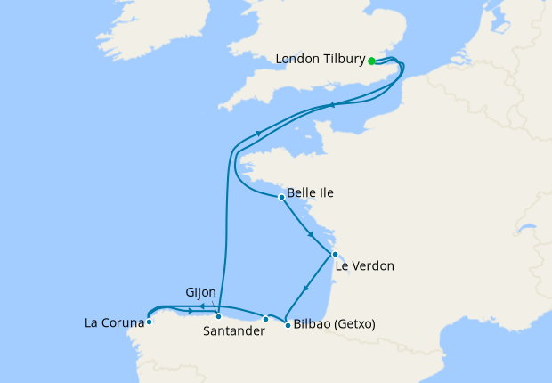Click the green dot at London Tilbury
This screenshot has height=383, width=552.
371,61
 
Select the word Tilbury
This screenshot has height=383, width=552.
344,60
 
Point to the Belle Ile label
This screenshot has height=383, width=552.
311,192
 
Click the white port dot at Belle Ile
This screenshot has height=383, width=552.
281,197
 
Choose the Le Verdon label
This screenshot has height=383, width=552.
364,265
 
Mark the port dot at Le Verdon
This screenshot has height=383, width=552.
334,254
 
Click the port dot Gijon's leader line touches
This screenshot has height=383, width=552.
218,316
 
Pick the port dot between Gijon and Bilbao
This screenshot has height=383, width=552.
265,319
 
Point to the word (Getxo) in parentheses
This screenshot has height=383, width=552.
354,325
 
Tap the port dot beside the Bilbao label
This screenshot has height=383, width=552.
286,325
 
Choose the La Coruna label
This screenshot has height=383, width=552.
114,322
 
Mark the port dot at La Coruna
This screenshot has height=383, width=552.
149,322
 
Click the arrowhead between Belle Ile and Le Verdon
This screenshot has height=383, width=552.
310,235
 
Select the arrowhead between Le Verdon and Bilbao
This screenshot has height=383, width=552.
306,288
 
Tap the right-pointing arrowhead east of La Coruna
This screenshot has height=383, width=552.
191,311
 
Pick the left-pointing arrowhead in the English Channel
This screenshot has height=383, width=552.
332,105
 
